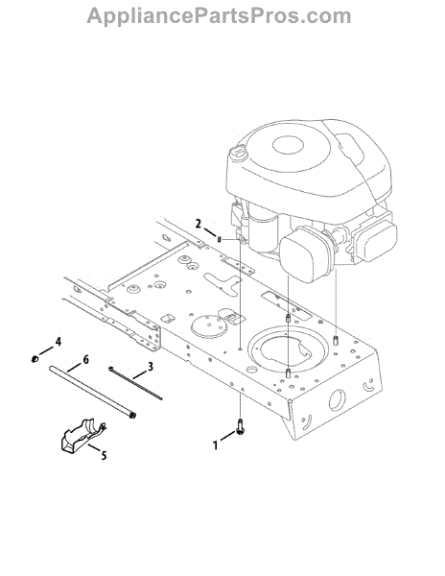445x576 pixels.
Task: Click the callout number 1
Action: click(x=216, y=446)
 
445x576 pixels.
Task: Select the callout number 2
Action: click(x=199, y=224)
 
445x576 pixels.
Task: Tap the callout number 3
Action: click(x=150, y=367)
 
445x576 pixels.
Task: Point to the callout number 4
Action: click(x=58, y=342)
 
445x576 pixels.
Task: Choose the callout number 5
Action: click(x=104, y=455)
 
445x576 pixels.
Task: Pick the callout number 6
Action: click(x=85, y=359)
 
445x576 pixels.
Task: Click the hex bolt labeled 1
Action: click(x=241, y=428)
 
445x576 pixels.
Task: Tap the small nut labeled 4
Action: click(x=35, y=358)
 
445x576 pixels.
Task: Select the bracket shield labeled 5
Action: click(x=82, y=434)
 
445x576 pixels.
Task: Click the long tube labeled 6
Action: click(x=93, y=391)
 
